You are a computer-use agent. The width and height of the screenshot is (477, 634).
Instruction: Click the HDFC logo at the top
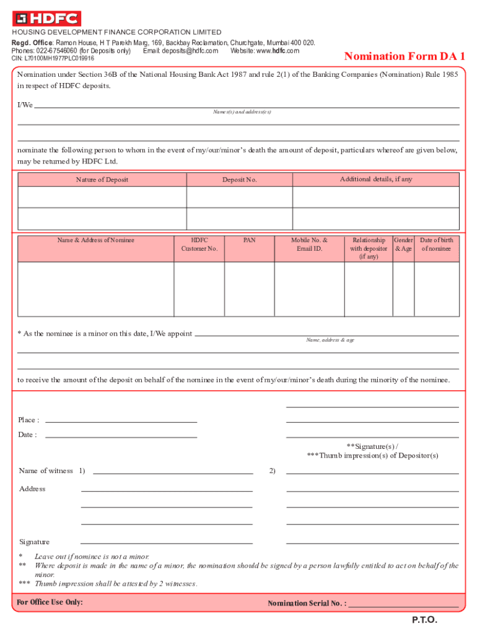pos(47,19)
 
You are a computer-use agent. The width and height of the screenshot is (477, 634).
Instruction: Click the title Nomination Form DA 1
pos(405,57)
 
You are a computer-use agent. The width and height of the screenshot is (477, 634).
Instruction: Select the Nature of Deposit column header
pos(102,180)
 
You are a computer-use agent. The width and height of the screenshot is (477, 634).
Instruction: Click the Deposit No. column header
pos(239,180)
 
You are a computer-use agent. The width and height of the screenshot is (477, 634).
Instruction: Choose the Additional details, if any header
pos(375,179)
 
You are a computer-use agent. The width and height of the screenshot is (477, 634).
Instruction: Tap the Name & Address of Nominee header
pos(96,240)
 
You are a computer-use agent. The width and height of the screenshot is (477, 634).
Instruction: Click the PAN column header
pos(249,240)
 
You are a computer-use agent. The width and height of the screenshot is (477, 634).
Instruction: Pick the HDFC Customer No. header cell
pos(199,245)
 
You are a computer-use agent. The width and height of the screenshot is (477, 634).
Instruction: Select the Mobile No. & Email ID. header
pos(309,245)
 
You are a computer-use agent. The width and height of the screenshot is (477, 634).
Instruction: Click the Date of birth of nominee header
pos(436,245)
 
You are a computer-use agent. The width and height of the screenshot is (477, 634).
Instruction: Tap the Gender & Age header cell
pos(403,245)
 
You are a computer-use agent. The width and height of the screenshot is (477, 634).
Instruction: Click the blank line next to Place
pos(121,420)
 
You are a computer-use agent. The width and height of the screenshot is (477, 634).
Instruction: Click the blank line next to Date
pos(121,435)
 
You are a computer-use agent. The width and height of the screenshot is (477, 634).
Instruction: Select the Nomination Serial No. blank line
pos(403,604)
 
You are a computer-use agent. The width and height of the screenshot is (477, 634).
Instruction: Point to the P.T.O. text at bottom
pos(425,620)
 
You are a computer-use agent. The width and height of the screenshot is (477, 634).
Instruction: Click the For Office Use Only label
pos(50,602)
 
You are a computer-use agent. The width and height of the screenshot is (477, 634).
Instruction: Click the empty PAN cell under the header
pos(249,289)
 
